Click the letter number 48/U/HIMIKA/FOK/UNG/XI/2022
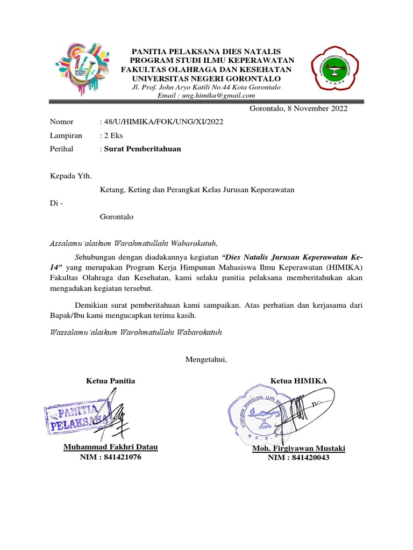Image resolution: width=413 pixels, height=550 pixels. coord(162,122)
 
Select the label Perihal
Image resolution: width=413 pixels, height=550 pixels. coord(62,149)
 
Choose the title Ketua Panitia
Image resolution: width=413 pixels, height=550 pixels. coord(111,381)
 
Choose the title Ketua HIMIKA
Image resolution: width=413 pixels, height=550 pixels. coord(298,381)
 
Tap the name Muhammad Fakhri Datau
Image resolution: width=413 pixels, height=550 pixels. coord(111,447)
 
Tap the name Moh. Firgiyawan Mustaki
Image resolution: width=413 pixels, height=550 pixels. coord(298,448)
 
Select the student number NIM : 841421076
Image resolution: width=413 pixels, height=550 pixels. coord(111,457)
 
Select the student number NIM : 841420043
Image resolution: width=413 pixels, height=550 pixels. coord(298,458)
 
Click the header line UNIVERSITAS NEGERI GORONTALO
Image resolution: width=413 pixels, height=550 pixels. coord(206,78)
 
